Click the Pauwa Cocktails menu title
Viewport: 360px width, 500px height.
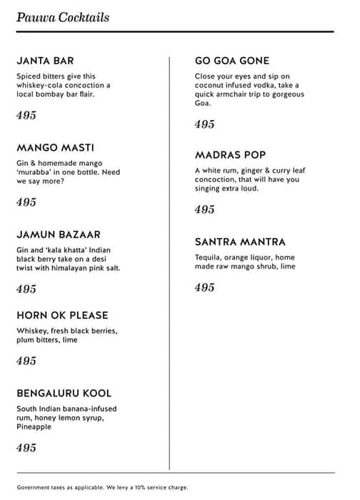click(63, 16)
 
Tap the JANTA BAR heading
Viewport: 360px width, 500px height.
click(44, 61)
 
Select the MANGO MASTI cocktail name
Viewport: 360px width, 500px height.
click(55, 148)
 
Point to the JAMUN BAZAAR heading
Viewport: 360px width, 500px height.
click(59, 234)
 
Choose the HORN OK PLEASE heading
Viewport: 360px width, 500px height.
click(62, 315)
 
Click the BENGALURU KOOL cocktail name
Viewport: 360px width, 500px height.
click(64, 394)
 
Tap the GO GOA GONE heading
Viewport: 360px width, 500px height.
click(232, 61)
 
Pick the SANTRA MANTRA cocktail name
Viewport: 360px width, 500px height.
click(240, 242)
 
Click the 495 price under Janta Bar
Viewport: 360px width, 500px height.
click(26, 115)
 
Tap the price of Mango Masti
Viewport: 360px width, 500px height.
click(26, 202)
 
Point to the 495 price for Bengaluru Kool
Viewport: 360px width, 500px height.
click(26, 448)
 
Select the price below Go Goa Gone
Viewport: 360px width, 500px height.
click(205, 124)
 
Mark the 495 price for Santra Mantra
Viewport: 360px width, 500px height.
click(205, 287)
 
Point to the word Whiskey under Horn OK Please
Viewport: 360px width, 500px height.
click(32, 331)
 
